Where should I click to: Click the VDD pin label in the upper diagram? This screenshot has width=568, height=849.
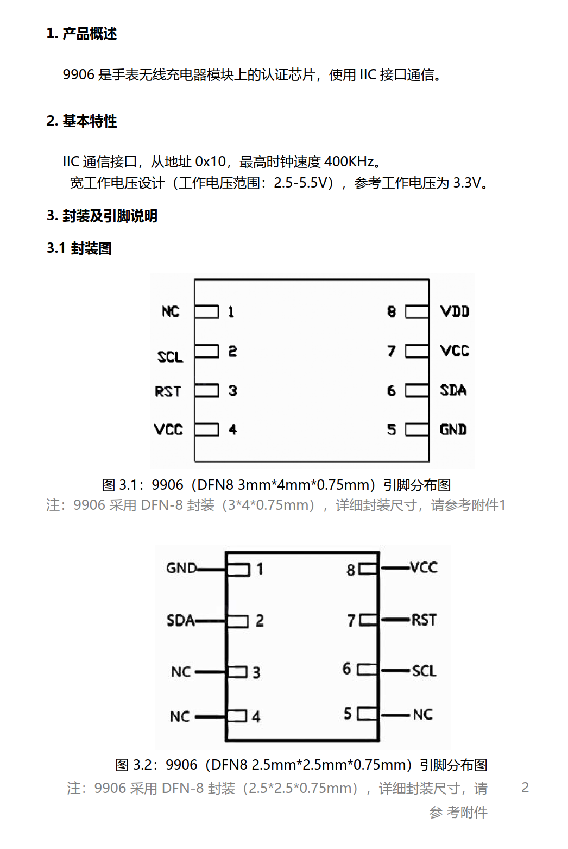[455, 311]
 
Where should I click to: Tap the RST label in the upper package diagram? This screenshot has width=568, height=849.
[168, 391]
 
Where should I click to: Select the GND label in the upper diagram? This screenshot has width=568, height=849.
[453, 430]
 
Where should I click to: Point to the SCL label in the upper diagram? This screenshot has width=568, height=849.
[170, 357]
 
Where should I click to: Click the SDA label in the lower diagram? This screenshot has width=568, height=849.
[181, 621]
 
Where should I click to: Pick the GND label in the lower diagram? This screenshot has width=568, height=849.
[182, 568]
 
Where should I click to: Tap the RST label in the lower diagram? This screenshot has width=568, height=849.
[424, 621]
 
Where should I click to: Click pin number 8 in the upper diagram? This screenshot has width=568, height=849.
[392, 312]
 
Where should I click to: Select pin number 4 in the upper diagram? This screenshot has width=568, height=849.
[232, 430]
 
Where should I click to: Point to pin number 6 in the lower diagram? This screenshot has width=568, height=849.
[346, 669]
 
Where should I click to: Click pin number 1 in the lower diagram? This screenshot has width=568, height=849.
[260, 569]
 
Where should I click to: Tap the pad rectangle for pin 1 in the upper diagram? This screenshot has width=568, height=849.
[207, 311]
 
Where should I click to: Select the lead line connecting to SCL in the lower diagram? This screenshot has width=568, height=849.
[395, 671]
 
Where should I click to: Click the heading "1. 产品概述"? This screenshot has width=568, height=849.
[82, 34]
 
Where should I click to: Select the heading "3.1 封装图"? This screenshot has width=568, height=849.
[79, 248]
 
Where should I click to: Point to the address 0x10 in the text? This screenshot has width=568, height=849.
[210, 162]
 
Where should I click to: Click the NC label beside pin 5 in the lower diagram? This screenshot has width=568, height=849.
[422, 715]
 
